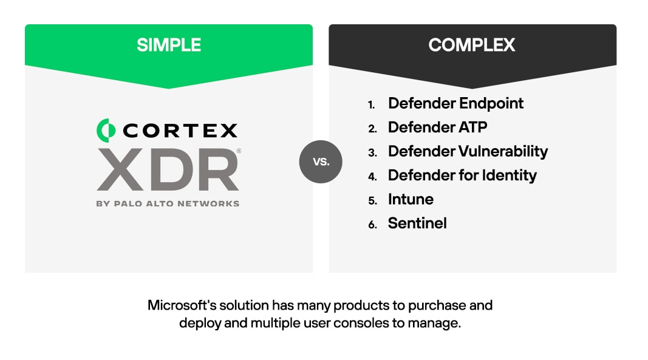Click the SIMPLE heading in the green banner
click(168, 44)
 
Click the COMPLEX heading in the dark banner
click(472, 44)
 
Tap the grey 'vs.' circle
click(321, 161)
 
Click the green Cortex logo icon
click(106, 129)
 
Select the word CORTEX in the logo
click(180, 130)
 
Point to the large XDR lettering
click(168, 169)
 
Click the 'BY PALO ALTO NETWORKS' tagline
click(168, 203)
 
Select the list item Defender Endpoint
click(455, 103)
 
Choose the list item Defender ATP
click(437, 127)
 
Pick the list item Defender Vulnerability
click(468, 151)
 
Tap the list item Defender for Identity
click(462, 175)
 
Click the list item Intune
click(411, 199)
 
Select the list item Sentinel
click(417, 223)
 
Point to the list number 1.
click(372, 105)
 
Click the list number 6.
click(372, 225)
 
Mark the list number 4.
click(372, 177)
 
